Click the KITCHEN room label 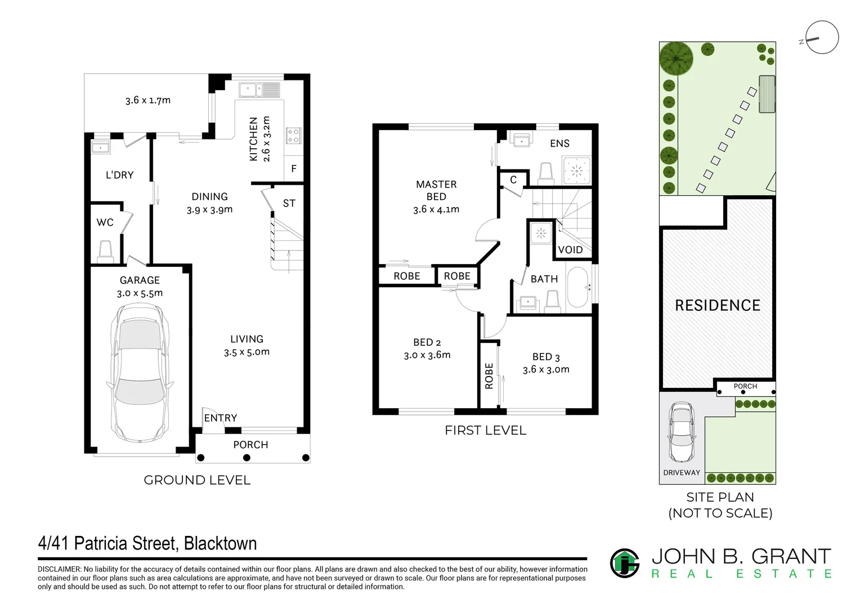coord(253,139)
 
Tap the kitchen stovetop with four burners coord(294,136)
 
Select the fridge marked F coord(294,168)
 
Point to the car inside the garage coord(140,373)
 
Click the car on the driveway coord(682,432)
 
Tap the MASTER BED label coord(436,190)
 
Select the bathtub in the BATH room coord(578,287)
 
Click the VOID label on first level coord(570,250)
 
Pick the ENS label coord(559,144)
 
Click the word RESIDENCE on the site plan coord(718,305)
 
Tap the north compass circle coord(822,37)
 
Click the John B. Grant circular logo coord(625,563)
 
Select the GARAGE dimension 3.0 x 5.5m coord(140,293)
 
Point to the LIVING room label coord(247,339)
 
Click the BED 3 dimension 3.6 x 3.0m coord(546,369)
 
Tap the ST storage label coord(289,203)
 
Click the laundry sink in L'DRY coord(101,147)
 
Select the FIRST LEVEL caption coord(485,431)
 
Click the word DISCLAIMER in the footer coord(59,569)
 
